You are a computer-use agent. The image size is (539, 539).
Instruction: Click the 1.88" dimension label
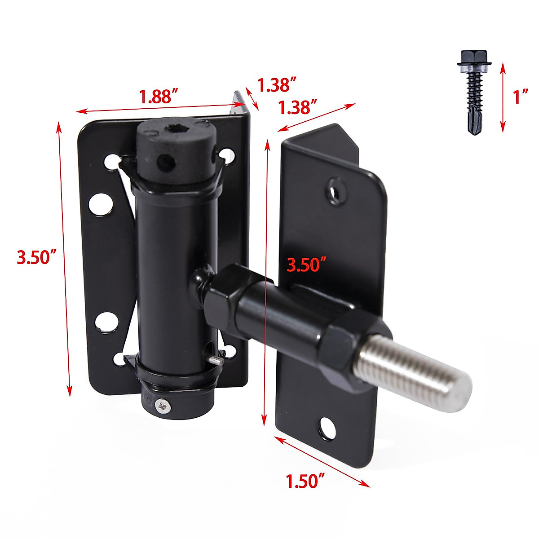(159, 96)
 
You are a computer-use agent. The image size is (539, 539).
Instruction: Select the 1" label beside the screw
(521, 97)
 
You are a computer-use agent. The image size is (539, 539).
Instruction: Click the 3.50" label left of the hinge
(37, 257)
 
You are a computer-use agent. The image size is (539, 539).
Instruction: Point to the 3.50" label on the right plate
(307, 265)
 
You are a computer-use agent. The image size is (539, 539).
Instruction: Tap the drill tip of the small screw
(475, 126)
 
